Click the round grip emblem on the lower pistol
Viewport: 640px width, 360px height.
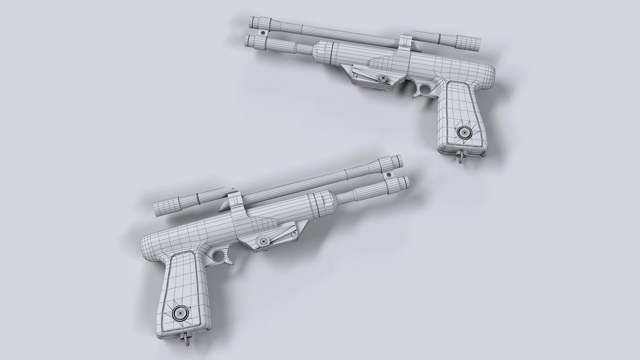(178, 313)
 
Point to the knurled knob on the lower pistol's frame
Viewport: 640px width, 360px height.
(262, 241)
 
